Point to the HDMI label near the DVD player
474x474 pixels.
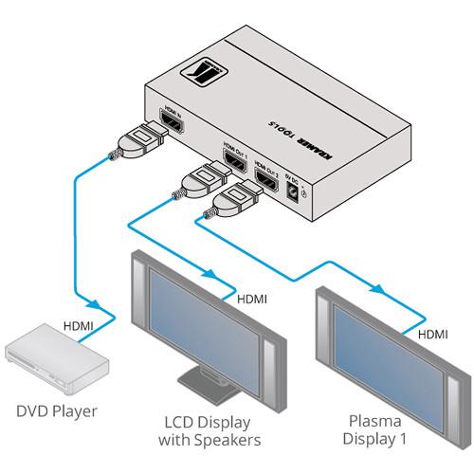click(x=79, y=325)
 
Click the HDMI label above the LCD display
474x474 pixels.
click(x=250, y=299)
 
